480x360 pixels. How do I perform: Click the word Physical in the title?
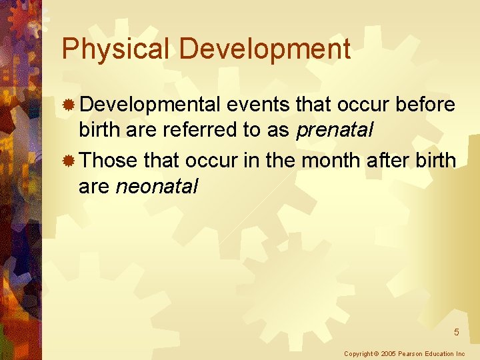tap(116, 49)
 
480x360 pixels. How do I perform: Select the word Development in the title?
tap(265, 49)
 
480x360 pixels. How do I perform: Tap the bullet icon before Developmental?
tap(68, 105)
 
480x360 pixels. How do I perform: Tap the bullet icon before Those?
tap(68, 161)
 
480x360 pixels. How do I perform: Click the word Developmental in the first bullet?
tap(150, 105)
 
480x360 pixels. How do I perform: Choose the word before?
tap(425, 105)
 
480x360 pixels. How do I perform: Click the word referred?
tap(197, 131)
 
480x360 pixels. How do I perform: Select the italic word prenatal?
tap(334, 131)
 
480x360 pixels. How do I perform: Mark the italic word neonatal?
tap(157, 186)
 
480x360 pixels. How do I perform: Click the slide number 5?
tap(457, 332)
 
